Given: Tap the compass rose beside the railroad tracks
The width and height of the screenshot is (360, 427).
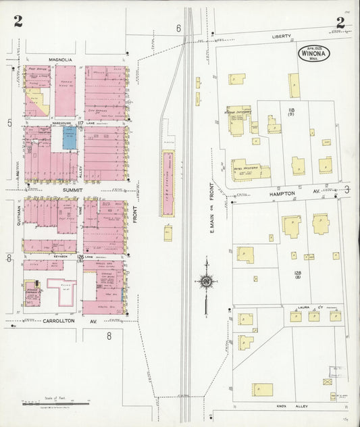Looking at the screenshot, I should [x=205, y=281].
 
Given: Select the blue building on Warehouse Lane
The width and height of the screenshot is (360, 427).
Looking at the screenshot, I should [x=70, y=139].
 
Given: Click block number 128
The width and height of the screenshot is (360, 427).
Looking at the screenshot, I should [x=297, y=274].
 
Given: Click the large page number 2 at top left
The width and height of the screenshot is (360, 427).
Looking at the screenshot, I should [x=18, y=22].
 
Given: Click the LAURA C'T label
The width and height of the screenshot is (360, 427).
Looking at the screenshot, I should [x=309, y=307].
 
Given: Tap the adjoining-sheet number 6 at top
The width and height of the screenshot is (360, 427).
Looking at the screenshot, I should [x=178, y=28].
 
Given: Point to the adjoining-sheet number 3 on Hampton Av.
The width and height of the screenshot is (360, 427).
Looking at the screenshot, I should [x=346, y=190].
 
